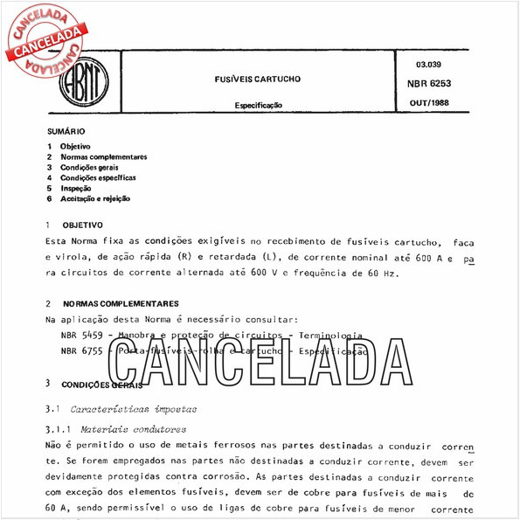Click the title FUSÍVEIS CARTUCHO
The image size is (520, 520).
pos(258,79)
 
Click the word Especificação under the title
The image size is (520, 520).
pos(258,105)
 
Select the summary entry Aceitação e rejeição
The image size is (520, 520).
pos(95,198)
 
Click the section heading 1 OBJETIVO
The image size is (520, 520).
pos(84,225)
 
